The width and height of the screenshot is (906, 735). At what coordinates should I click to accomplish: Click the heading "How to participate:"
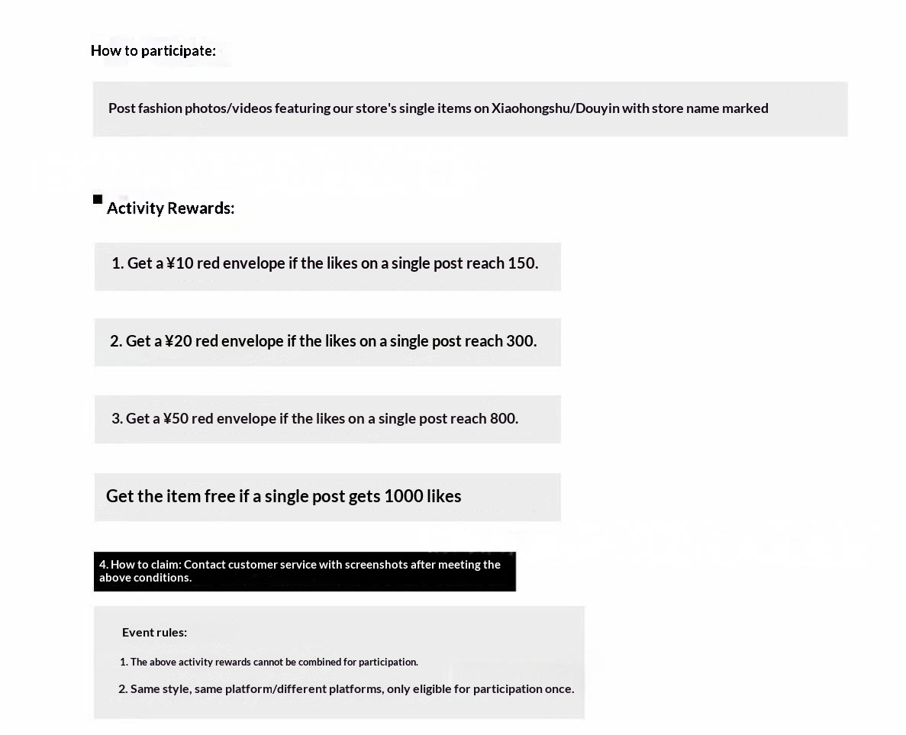pyautogui.click(x=153, y=51)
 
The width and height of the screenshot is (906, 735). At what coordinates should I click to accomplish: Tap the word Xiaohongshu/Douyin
pyautogui.click(x=555, y=108)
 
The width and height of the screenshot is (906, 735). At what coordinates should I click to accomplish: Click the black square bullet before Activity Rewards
pyautogui.click(x=98, y=199)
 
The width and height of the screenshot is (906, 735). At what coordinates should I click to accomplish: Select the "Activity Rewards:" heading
pyautogui.click(x=170, y=208)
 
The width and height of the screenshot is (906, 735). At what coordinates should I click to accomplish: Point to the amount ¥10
pyautogui.click(x=181, y=263)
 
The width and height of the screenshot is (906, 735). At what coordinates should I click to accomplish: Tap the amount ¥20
pyautogui.click(x=179, y=341)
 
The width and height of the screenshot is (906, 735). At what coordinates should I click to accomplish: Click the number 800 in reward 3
pyautogui.click(x=502, y=419)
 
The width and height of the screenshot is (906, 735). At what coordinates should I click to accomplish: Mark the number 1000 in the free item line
pyautogui.click(x=403, y=496)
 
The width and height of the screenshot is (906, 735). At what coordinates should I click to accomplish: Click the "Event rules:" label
pyautogui.click(x=154, y=632)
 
